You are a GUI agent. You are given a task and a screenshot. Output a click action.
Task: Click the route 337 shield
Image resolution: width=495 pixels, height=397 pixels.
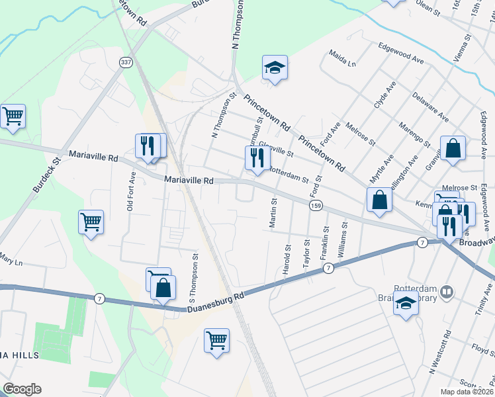(125, 62)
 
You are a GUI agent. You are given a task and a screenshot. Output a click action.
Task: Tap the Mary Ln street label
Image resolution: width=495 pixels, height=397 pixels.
(11, 258)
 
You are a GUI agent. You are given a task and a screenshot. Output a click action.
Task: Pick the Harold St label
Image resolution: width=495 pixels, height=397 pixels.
(287, 261)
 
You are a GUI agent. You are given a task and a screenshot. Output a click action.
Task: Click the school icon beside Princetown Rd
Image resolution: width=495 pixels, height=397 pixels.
(275, 67)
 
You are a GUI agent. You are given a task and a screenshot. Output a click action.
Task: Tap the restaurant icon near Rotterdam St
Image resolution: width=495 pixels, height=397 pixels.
(255, 157)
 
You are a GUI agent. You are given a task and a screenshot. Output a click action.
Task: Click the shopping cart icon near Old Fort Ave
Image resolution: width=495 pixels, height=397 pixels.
(91, 222)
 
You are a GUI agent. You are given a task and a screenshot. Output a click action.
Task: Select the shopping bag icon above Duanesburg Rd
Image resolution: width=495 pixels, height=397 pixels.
(162, 288)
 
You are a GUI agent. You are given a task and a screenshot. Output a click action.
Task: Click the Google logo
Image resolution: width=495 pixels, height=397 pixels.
(22, 389)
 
